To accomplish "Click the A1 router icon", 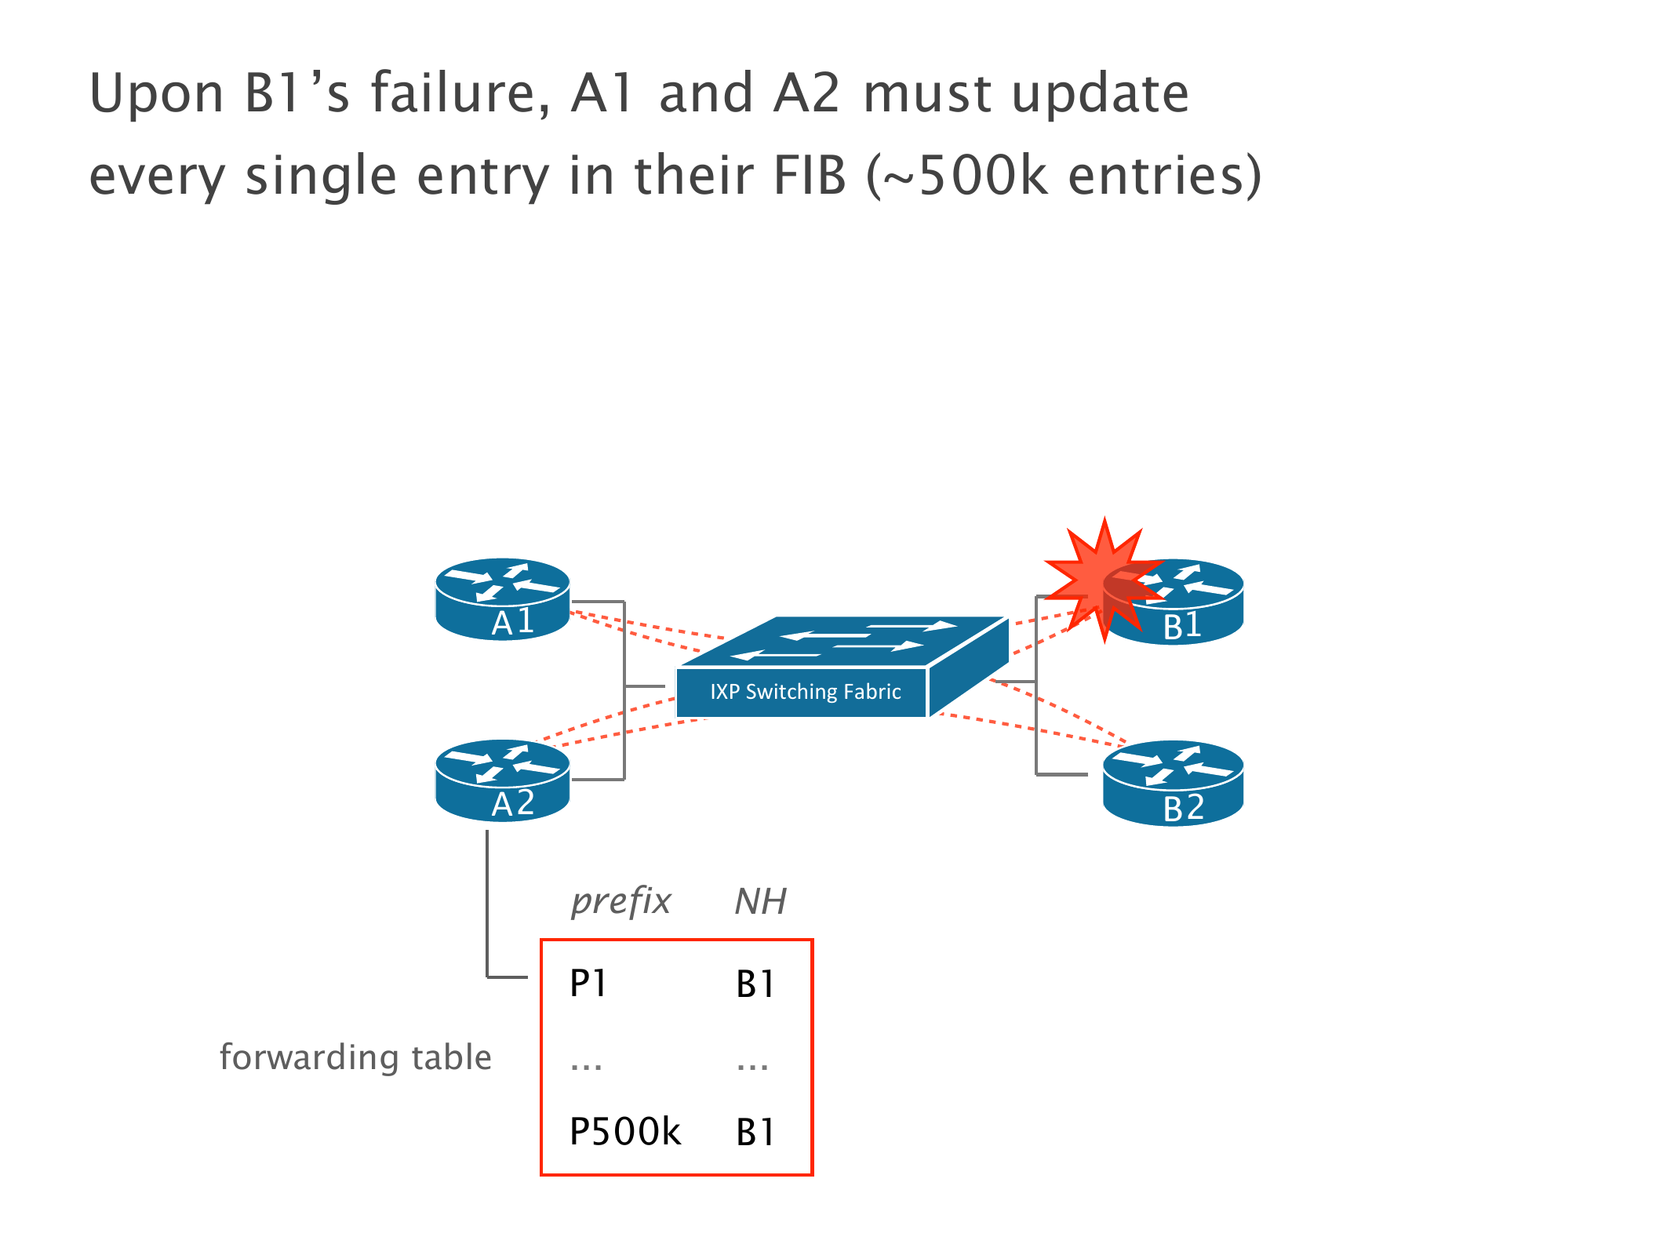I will point(502,598).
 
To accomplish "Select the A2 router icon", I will point(502,780).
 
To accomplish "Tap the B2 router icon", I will point(1173,783).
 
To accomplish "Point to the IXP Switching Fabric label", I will point(805,692).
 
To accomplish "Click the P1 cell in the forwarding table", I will point(588,984).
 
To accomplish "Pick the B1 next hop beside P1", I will point(755,984).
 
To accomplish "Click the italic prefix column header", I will point(620,901).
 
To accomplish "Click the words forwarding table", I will point(355,1057).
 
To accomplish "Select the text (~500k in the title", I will point(957,175).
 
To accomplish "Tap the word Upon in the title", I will point(157,94).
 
